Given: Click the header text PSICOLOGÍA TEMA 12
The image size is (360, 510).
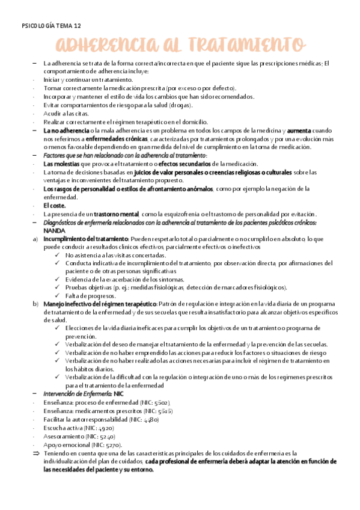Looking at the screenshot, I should click(50, 26).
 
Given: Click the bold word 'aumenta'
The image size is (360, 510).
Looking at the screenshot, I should click(300, 130).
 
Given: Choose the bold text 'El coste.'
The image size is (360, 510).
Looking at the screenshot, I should click(56, 206).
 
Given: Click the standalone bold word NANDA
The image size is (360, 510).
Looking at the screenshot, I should click(55, 231).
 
